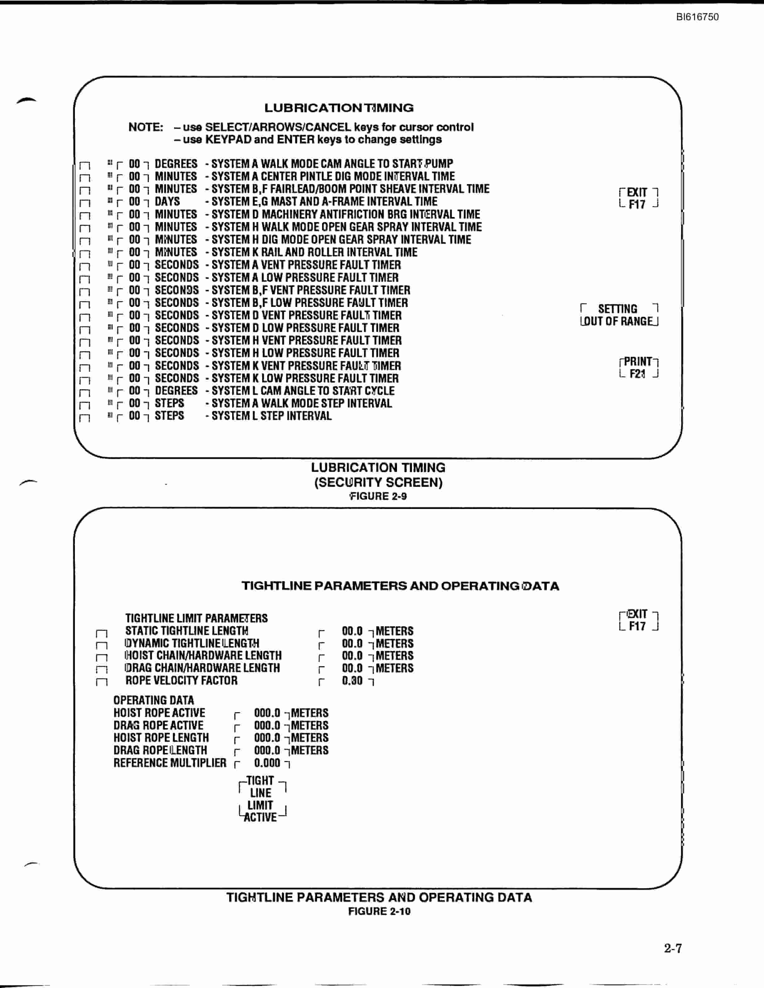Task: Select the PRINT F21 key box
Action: click(x=639, y=368)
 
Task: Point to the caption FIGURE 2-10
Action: click(x=379, y=911)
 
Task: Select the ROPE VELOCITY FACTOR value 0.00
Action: click(x=352, y=680)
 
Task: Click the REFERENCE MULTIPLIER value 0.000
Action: click(x=267, y=763)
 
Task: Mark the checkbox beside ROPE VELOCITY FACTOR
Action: click(x=102, y=682)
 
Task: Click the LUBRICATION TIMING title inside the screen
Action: click(x=339, y=108)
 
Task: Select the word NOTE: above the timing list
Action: click(x=146, y=127)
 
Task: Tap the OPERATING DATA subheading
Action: click(x=154, y=700)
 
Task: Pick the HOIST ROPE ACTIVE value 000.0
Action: click(x=267, y=713)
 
